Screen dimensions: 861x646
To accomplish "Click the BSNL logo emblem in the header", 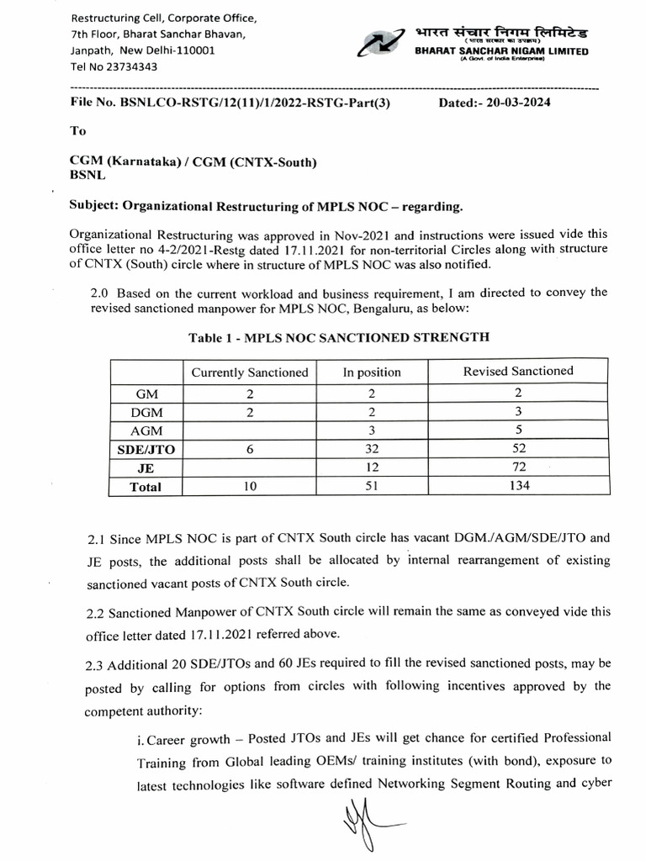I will [381, 41].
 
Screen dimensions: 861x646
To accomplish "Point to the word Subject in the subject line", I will [95, 206].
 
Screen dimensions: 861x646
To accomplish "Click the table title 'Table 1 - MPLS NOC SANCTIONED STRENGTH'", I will [338, 337].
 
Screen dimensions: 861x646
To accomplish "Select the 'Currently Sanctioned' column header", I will [250, 372].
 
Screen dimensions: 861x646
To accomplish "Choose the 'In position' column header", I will [372, 372].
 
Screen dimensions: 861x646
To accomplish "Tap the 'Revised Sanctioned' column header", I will [518, 371].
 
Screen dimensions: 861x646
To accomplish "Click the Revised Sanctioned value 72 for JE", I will [519, 467].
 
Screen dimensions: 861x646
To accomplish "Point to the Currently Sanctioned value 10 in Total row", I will [250, 486].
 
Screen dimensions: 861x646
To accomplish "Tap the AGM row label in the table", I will [147, 430].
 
